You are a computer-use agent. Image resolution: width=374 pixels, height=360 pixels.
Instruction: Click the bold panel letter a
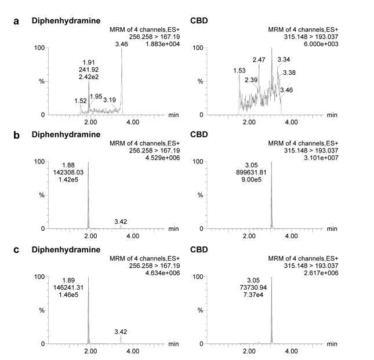point(17,21)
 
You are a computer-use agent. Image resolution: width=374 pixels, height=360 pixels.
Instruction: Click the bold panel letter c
point(17,250)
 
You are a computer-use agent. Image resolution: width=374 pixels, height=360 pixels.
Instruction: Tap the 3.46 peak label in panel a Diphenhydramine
point(122,44)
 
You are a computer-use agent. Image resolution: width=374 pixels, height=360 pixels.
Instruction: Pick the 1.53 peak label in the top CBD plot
point(239,71)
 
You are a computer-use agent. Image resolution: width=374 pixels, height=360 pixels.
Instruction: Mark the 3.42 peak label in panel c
point(121,332)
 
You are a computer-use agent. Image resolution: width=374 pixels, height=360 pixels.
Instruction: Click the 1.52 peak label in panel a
point(81,101)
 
